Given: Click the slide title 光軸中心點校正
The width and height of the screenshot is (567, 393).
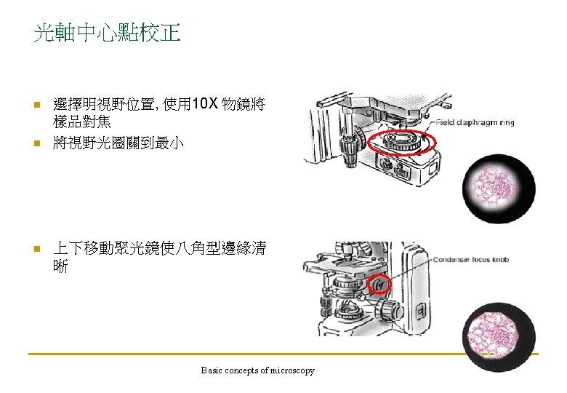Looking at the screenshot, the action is click(x=107, y=33).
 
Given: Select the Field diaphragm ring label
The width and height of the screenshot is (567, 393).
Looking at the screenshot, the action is click(x=475, y=122).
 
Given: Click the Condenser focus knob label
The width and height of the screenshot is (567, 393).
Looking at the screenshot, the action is click(x=471, y=260).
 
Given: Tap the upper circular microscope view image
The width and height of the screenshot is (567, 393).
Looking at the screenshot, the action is click(x=499, y=188).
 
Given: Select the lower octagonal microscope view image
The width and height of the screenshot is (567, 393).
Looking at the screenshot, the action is click(x=499, y=336).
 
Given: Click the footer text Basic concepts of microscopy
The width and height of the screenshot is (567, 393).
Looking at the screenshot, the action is click(x=257, y=370).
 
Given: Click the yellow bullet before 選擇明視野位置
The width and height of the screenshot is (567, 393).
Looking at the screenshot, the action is click(x=37, y=105).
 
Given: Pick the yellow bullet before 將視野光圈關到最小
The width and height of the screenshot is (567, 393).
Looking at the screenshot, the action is click(x=37, y=143).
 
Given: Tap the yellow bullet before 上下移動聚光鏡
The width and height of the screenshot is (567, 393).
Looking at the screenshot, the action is click(x=37, y=249).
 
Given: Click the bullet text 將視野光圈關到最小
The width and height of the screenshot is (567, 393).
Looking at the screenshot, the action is click(x=118, y=143).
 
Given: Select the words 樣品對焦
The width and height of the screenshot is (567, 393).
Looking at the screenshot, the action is click(x=81, y=122).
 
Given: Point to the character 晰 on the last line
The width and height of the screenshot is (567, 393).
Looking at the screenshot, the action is click(x=60, y=266).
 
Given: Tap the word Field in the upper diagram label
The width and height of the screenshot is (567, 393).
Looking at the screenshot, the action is click(x=445, y=122).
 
